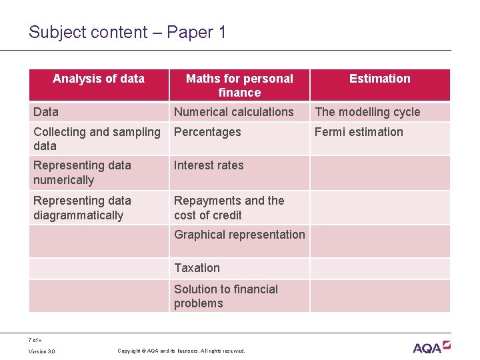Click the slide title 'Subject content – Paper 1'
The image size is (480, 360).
point(127,32)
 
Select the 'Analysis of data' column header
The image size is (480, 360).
point(99,79)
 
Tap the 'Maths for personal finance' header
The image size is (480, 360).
point(239,85)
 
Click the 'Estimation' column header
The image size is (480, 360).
point(380,79)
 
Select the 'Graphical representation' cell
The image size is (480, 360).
point(239,235)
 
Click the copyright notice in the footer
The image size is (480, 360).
point(181,351)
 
